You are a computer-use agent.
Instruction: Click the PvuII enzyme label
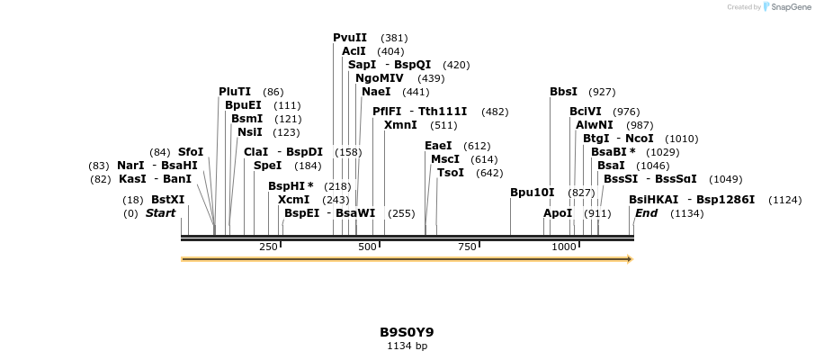coord(350,38)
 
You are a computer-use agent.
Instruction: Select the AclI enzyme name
coord(354,51)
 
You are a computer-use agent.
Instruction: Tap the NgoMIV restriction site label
coord(380,78)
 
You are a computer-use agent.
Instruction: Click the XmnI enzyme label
coord(400,125)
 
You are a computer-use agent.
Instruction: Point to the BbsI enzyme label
coord(563,92)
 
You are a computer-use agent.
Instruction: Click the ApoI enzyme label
coord(558,213)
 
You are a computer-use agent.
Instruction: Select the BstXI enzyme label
coord(167,200)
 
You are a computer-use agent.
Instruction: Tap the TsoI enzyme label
coord(451,173)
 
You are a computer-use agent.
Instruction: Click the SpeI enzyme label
coord(267,166)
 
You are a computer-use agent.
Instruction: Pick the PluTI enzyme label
coord(236,92)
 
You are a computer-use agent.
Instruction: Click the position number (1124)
coord(784,200)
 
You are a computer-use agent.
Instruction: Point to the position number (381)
coord(394,38)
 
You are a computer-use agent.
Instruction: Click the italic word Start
coord(160,213)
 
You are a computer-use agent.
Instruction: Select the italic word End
coord(646,213)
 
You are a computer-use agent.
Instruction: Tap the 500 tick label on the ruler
coord(367,247)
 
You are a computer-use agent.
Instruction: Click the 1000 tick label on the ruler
coord(564,247)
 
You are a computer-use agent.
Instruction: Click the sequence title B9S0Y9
coord(407,332)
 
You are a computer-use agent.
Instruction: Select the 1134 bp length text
coord(407,346)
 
